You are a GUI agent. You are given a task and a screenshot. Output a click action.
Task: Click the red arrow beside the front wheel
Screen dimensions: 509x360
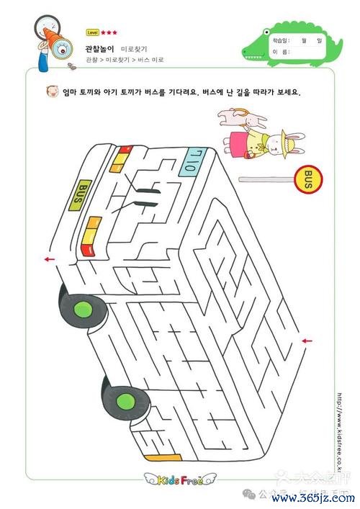[x=49, y=259]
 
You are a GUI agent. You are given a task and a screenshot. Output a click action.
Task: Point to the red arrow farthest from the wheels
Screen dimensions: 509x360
[x=307, y=341]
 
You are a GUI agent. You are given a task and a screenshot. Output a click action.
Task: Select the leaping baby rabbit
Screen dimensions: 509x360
[x=238, y=115]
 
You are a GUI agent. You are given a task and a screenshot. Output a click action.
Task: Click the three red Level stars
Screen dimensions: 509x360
[x=109, y=32]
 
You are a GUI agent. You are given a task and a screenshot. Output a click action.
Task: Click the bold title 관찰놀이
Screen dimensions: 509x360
[x=99, y=47]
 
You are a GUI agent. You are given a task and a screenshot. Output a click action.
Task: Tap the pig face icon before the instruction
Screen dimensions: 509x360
[x=51, y=92]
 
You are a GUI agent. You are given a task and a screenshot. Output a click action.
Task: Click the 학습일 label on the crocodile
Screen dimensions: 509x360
[x=281, y=41]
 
